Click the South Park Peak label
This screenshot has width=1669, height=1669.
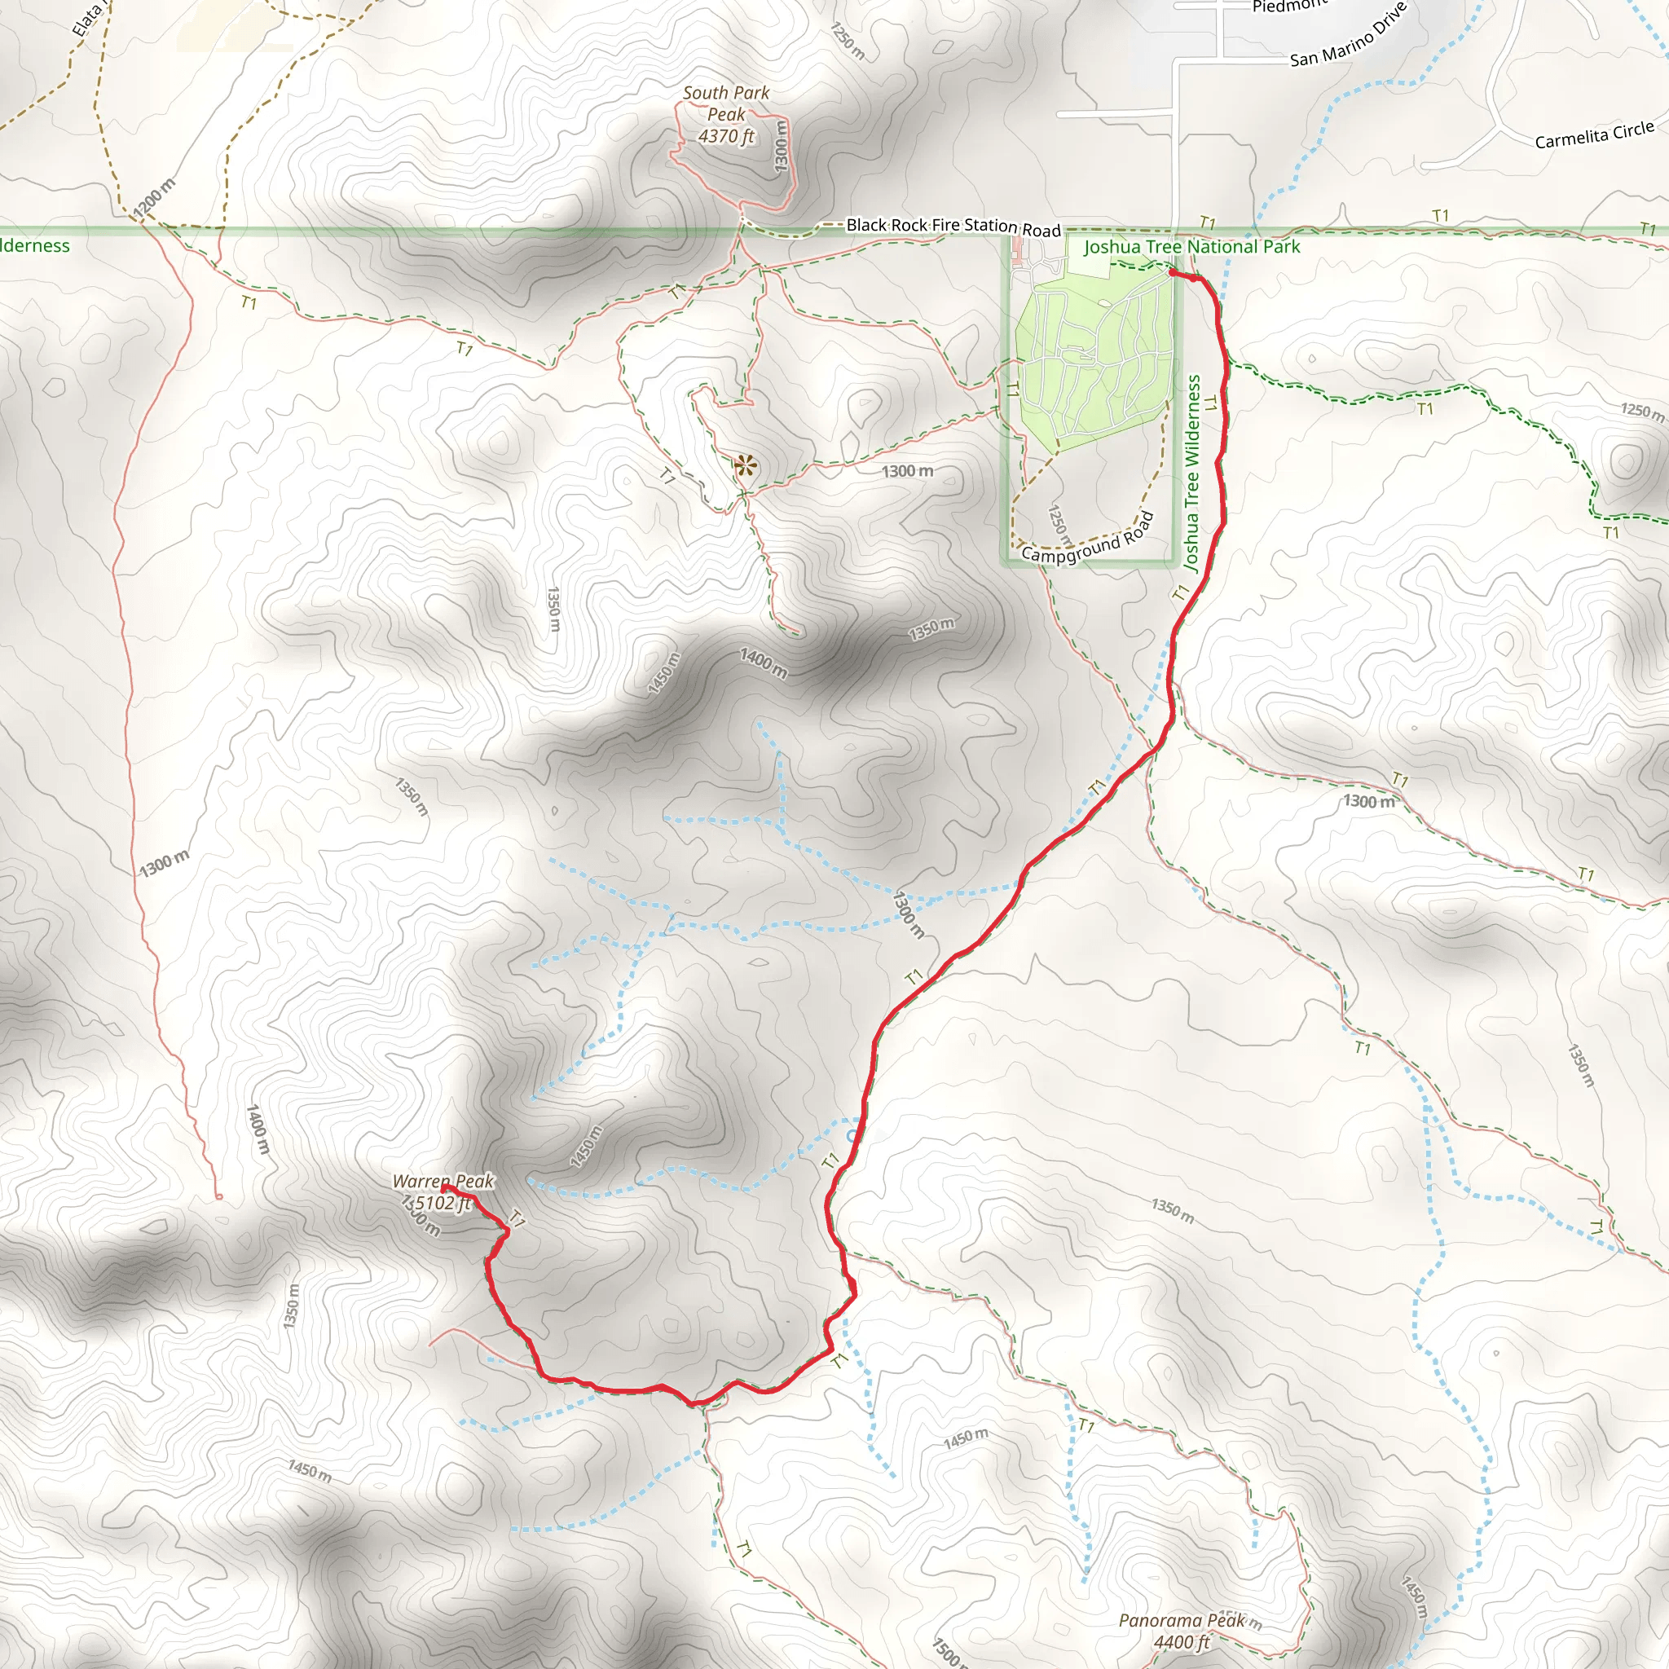725,103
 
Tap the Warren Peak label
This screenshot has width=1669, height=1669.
443,1181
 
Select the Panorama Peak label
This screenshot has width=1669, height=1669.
1182,1621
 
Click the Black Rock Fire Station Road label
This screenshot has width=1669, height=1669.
953,227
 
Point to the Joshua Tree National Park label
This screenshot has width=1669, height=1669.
1191,247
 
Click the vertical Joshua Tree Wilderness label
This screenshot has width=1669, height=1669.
1193,473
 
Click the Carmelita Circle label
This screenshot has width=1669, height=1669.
1594,135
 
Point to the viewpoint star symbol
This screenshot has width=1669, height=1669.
746,466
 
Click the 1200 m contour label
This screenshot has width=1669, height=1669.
155,197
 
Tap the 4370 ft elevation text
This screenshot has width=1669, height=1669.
725,136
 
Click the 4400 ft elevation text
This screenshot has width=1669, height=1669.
1182,1641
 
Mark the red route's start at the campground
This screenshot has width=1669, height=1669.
1171,273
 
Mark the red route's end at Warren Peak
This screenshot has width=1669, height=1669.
444,1188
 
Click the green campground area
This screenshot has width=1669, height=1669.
1094,363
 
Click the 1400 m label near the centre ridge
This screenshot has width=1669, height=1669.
764,663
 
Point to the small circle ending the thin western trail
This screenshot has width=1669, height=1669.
218,1196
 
